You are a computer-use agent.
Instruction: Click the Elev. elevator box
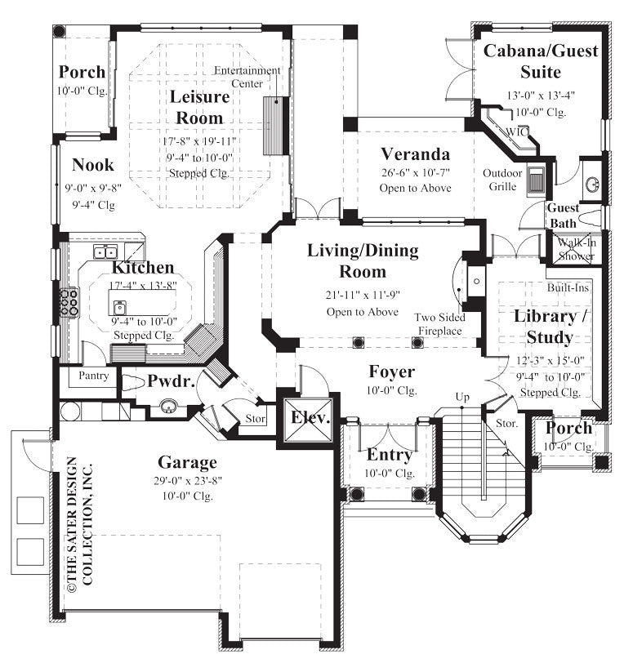coord(310,419)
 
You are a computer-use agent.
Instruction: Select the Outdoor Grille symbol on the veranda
coord(537,180)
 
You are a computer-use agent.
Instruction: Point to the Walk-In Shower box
coord(577,248)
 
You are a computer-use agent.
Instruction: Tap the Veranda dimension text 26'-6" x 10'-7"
coord(416,172)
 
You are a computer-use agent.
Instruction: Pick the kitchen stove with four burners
coord(69,301)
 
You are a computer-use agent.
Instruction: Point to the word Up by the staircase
coord(462,397)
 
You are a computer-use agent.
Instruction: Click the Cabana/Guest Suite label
coord(541,61)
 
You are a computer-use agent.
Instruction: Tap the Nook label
coord(92,165)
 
